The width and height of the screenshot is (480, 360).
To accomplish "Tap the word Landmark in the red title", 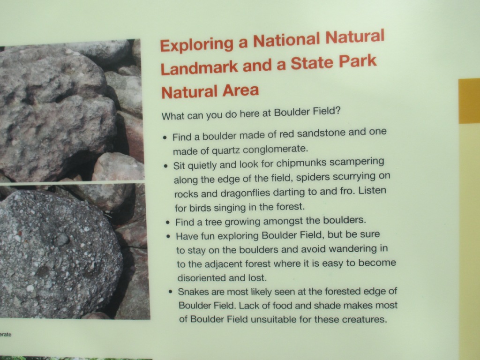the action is [199, 68].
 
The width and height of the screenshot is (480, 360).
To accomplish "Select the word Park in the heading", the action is [358, 61].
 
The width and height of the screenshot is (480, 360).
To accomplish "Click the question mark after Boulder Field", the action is [337, 110].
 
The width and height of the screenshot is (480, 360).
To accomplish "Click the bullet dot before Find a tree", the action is [167, 222].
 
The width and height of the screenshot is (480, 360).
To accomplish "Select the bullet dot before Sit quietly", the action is [165, 166].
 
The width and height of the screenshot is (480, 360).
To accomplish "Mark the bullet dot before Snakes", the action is [171, 292].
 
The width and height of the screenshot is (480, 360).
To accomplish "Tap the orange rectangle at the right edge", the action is [469, 101].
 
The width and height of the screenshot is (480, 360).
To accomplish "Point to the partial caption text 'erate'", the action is [6, 335].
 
